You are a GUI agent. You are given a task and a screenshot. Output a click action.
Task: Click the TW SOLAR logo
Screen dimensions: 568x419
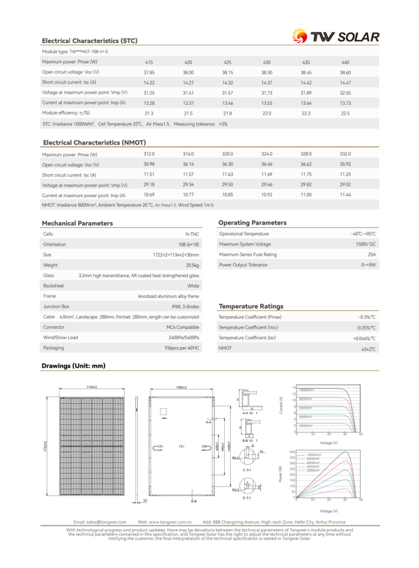336,37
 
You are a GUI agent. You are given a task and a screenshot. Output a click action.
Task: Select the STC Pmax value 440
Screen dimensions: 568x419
345,62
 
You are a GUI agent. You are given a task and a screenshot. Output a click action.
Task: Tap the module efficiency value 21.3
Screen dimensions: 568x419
149,113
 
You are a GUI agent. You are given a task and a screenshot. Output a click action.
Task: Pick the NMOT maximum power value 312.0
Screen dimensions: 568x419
149,154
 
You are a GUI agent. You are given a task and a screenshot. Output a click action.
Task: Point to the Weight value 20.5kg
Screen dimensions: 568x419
192,265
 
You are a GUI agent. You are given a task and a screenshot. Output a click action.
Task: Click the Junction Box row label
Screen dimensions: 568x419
56,306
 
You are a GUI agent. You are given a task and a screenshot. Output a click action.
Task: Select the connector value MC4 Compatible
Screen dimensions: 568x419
183,327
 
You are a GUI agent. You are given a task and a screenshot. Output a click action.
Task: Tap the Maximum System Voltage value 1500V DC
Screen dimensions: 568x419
365,244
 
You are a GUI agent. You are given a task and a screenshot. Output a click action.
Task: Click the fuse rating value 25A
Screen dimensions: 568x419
371,255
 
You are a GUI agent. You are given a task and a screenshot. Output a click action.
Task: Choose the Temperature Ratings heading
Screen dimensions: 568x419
251,306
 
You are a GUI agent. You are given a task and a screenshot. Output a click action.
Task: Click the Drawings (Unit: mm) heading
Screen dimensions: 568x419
74,366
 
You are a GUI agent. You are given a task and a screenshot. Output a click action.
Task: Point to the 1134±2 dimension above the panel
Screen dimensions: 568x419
91,387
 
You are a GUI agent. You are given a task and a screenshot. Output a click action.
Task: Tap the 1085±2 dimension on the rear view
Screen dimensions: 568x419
181,387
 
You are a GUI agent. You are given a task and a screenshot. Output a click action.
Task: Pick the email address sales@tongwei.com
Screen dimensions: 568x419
100,522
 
